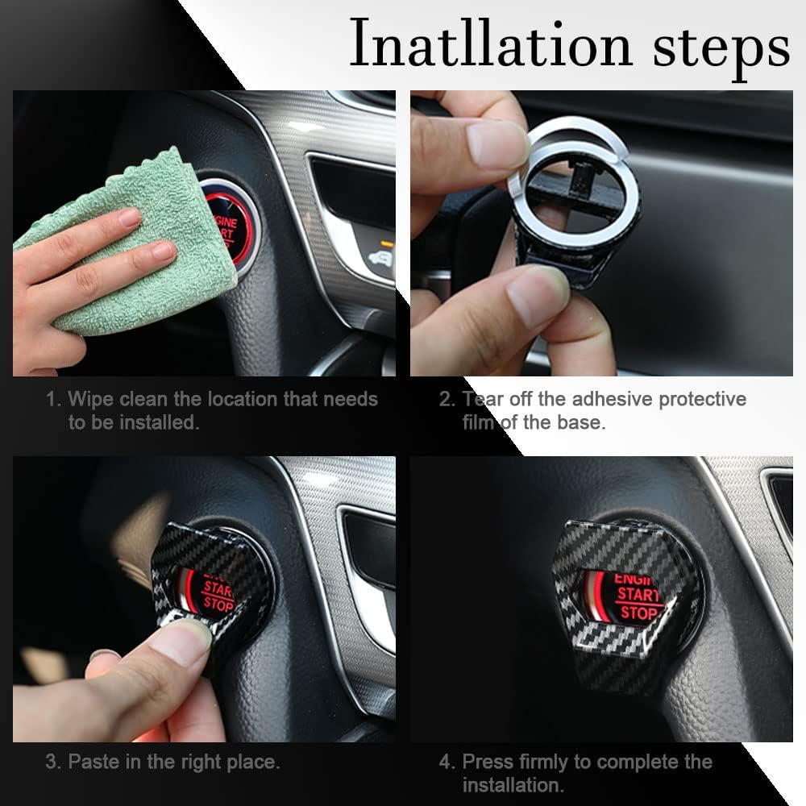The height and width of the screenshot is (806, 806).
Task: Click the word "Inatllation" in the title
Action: [490, 44]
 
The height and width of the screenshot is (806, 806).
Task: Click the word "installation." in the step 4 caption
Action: [513, 784]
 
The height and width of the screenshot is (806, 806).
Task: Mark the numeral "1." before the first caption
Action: [53, 399]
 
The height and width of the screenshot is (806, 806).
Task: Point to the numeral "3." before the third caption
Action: [53, 761]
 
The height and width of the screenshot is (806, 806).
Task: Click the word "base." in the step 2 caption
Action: [580, 422]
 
